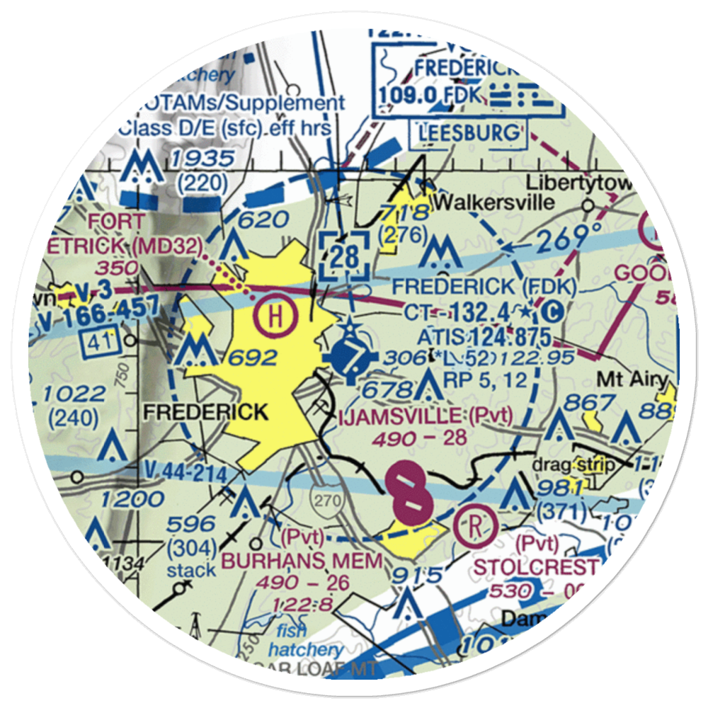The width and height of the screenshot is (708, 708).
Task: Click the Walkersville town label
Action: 493,202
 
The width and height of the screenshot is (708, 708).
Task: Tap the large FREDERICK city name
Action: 205,411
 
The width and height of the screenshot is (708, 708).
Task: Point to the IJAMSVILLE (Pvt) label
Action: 423,416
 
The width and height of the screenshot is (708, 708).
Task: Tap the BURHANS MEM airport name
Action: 304,561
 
